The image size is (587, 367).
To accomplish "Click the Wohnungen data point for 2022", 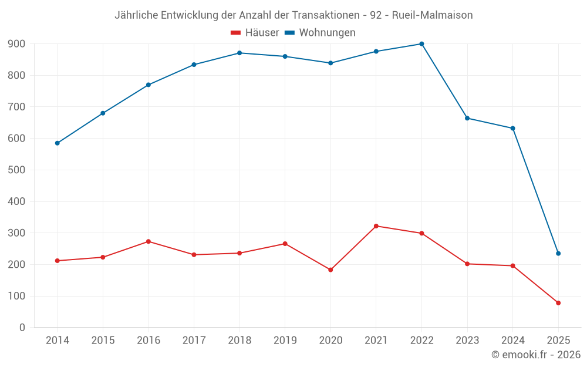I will click(x=421, y=44).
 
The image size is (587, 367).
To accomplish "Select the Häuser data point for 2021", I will click(x=376, y=226).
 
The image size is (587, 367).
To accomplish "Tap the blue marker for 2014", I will click(x=57, y=143).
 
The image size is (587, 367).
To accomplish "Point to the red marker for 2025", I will click(x=558, y=303).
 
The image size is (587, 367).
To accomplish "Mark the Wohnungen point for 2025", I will click(x=558, y=254).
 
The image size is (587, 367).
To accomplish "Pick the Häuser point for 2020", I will click(x=330, y=270).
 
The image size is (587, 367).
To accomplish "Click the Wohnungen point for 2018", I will click(x=239, y=53).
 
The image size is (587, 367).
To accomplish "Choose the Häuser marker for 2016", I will click(x=149, y=241).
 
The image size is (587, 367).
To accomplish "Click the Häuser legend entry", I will click(x=255, y=33).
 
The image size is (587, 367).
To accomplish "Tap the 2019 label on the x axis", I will click(x=285, y=341).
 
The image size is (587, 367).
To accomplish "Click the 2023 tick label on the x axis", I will click(x=467, y=341).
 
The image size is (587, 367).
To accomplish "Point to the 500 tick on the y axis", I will click(x=16, y=170).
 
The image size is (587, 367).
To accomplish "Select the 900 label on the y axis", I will click(x=16, y=44).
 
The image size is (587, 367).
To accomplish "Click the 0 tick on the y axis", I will click(x=22, y=328).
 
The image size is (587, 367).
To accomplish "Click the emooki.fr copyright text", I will click(x=536, y=355).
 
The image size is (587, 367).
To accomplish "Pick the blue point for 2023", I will click(x=467, y=118).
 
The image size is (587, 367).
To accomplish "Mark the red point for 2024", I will click(x=513, y=266).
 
